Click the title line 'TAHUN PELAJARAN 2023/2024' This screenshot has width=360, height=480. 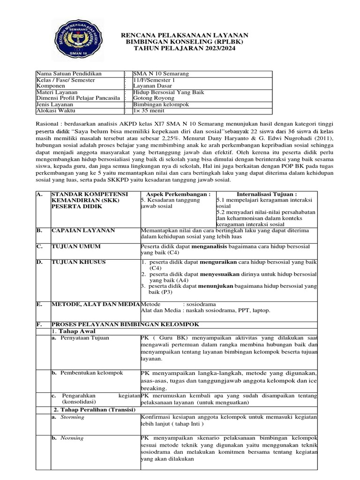click(x=185, y=48)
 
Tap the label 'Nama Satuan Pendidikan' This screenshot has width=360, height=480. click(x=69, y=74)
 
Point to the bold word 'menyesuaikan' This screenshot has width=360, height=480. click(x=220, y=273)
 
